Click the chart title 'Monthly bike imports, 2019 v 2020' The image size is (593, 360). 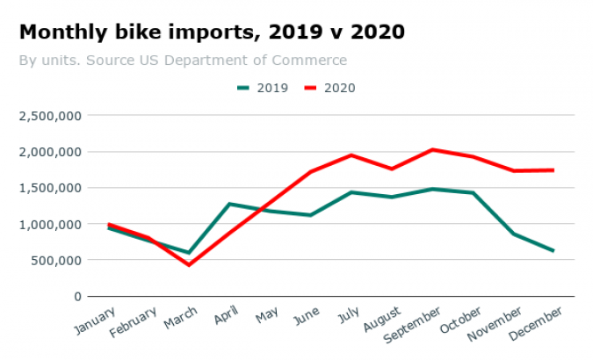click(x=212, y=32)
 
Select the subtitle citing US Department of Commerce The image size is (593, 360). click(x=183, y=61)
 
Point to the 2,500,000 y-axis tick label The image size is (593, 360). click(x=50, y=115)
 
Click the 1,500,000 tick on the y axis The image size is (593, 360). click(x=50, y=188)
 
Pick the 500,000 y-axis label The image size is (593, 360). click(x=58, y=260)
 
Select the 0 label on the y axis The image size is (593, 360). click(x=76, y=297)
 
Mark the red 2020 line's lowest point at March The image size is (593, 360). click(x=188, y=264)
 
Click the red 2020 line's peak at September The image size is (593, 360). click(x=432, y=149)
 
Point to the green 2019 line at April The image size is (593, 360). click(x=229, y=204)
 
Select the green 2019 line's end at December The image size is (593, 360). click(x=553, y=251)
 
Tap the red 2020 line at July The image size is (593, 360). click(x=351, y=155)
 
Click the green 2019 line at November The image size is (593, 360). click(x=513, y=234)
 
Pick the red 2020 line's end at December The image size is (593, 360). click(x=553, y=169)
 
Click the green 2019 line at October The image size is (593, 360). click(x=473, y=192)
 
